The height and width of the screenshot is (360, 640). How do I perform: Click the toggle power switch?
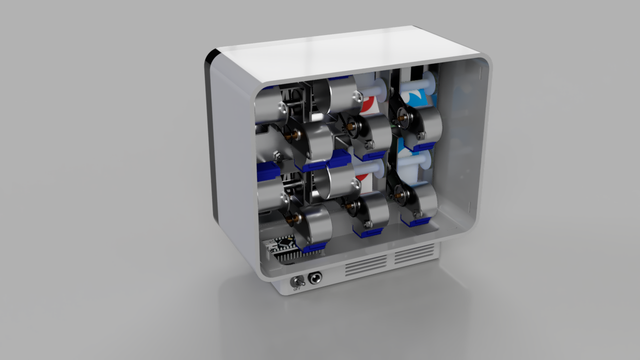click(x=297, y=282)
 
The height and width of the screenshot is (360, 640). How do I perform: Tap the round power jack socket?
click(x=315, y=277)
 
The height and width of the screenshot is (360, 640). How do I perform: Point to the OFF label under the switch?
click(x=297, y=289)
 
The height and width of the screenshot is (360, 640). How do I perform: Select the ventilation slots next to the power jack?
click(x=366, y=265)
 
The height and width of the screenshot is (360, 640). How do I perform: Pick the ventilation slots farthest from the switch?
click(x=414, y=254)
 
